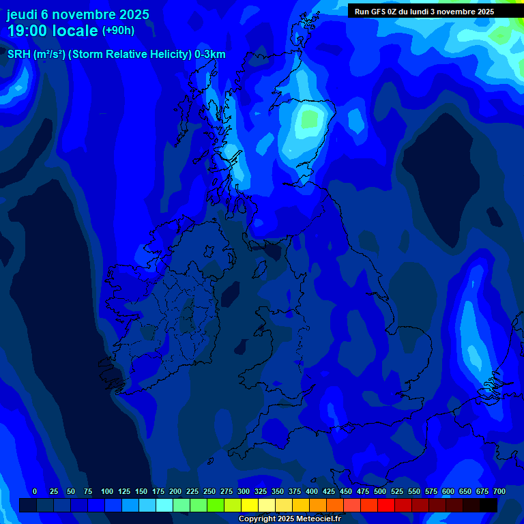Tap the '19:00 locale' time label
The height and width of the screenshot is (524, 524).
53,31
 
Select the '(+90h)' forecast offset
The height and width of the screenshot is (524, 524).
118,31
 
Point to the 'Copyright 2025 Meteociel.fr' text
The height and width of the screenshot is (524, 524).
289,519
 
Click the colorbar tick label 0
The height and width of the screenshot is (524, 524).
35,491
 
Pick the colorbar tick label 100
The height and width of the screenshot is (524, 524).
107,491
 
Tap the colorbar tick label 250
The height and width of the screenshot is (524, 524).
209,491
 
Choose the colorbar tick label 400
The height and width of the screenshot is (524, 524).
312,491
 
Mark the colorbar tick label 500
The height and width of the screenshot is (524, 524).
380,491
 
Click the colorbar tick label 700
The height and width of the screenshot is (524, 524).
499,491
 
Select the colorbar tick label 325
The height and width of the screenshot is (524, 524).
261,491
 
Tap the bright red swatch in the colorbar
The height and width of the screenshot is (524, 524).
386,505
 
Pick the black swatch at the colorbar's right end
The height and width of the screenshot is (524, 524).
489,505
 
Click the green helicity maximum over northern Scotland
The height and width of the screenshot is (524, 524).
310,120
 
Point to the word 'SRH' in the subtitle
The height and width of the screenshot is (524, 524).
18,55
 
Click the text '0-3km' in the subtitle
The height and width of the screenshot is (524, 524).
210,55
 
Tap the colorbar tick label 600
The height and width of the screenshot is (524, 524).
448,491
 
